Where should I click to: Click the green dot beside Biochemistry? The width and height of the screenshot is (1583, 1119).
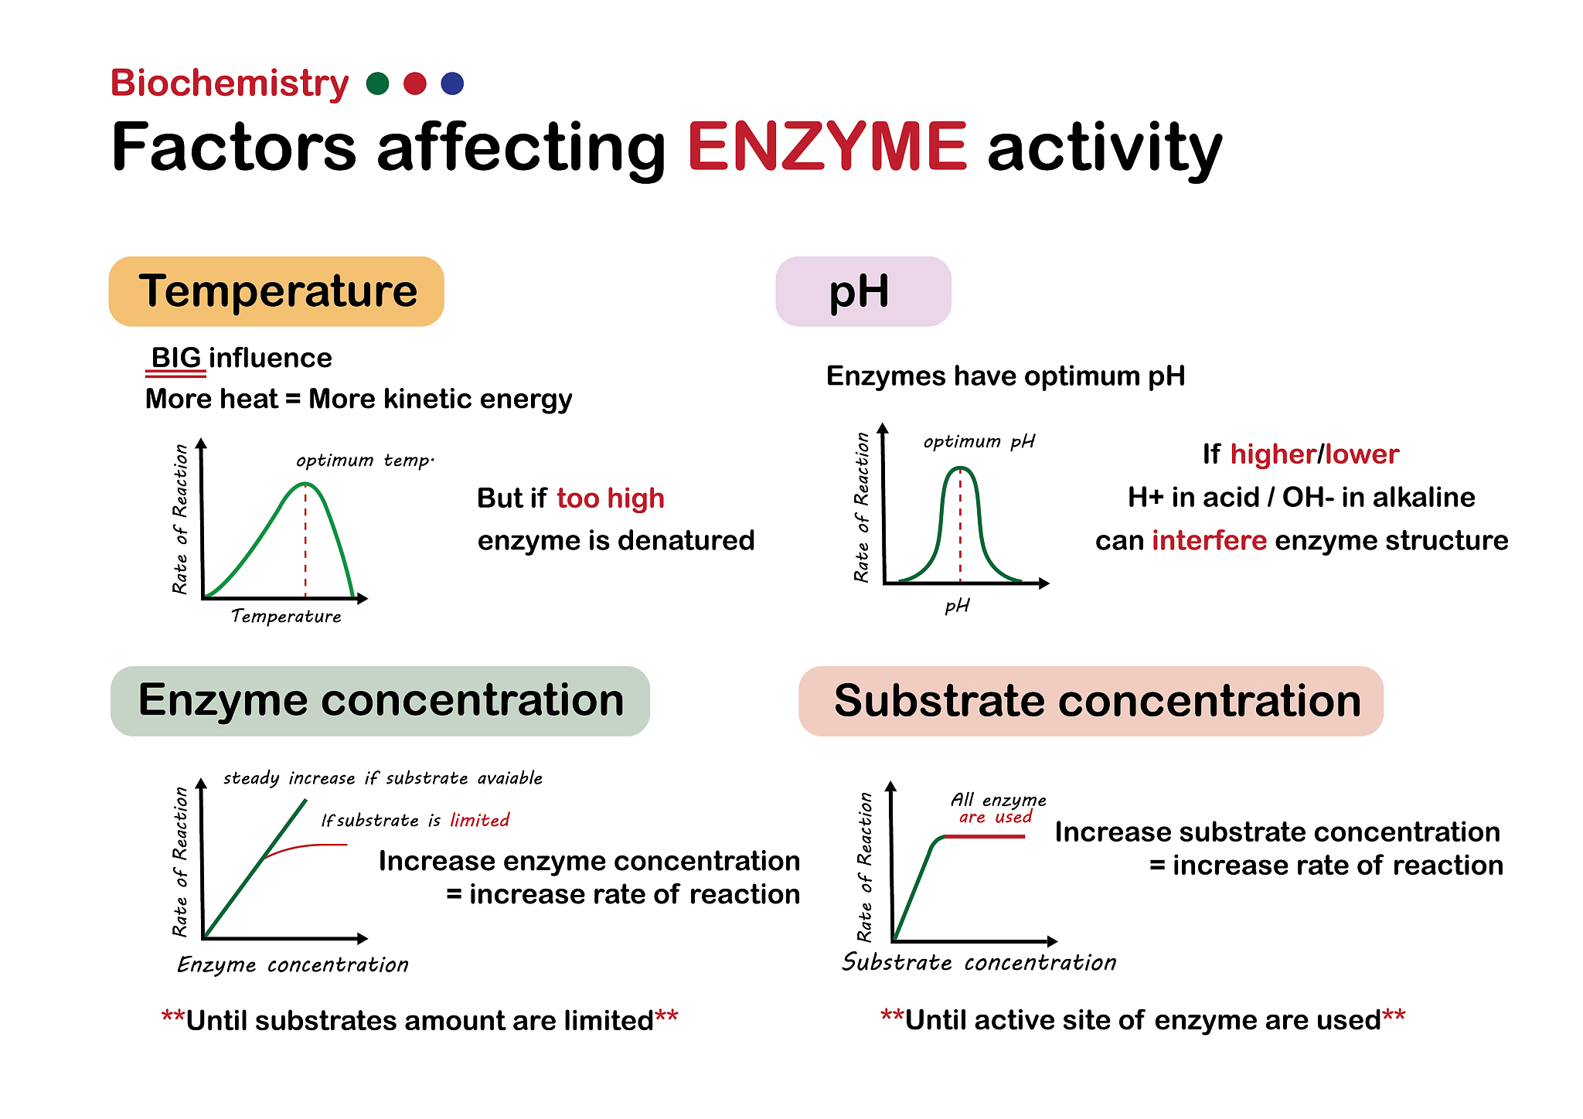tap(377, 83)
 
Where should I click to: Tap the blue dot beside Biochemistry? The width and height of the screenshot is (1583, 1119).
tap(452, 83)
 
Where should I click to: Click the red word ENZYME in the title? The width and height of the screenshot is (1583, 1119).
tap(826, 147)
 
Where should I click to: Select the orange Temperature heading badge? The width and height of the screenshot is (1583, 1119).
tap(277, 291)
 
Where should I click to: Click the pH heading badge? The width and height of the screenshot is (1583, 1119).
tap(863, 291)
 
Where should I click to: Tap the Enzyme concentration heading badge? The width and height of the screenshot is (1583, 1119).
tap(380, 701)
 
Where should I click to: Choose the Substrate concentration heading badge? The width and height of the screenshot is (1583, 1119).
tap(1091, 701)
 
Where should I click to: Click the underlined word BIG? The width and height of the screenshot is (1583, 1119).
tap(176, 359)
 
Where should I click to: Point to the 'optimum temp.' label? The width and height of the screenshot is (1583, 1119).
tap(365, 461)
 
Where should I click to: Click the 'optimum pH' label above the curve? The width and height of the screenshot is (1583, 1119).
tap(979, 441)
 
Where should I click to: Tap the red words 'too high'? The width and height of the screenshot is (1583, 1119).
tap(610, 498)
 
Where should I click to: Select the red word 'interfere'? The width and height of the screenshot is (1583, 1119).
tap(1209, 540)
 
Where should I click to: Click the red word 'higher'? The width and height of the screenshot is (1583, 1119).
tap(1273, 454)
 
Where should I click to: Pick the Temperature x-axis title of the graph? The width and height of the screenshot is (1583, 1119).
tap(286, 616)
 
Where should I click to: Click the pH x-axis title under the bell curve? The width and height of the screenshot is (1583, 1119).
tap(957, 605)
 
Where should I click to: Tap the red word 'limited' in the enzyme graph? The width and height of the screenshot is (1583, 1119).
tap(479, 820)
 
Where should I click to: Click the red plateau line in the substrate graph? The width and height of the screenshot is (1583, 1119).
tap(985, 837)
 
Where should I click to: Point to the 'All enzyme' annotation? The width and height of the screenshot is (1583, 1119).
tap(998, 800)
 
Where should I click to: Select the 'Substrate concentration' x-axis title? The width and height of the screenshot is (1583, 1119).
tap(979, 962)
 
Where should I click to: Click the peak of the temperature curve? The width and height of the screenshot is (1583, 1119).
tap(305, 484)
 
